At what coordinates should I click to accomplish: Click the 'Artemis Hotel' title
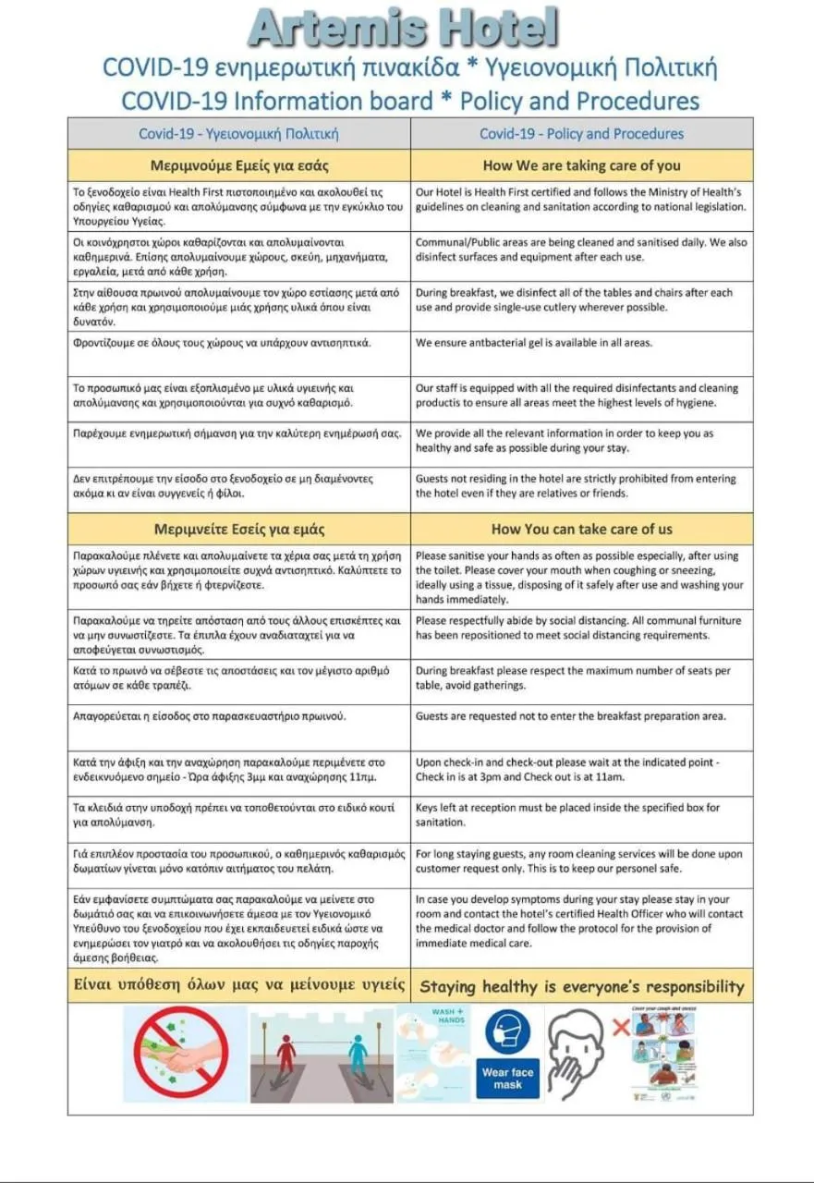coord(404,28)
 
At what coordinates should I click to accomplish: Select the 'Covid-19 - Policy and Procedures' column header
coord(581,134)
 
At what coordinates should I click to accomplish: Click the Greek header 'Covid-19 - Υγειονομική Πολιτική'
coord(238,134)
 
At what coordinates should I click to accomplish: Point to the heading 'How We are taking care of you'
coord(581,166)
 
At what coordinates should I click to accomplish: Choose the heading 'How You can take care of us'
coord(581,530)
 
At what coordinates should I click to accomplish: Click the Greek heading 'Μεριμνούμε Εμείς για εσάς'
coord(239,166)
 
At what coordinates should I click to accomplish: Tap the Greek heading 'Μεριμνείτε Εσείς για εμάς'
coord(239,530)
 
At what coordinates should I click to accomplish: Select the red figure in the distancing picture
coord(286,1053)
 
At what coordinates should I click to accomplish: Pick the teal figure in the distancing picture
coord(357,1055)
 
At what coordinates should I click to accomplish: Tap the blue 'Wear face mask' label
coord(507,1079)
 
